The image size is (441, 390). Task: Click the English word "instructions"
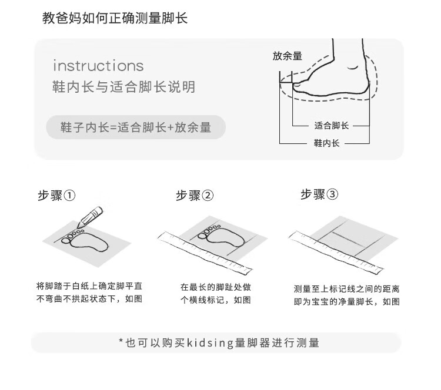pyautogui.click(x=98, y=65)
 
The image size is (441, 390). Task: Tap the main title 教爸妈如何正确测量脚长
pyautogui.click(x=115, y=18)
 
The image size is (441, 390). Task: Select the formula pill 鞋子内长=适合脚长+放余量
pyautogui.click(x=136, y=127)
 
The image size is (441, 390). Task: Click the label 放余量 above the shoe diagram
pyautogui.click(x=287, y=56)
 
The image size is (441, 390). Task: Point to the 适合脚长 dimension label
pyautogui.click(x=331, y=126)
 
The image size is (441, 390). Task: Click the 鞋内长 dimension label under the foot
pyautogui.click(x=326, y=143)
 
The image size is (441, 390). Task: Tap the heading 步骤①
pyautogui.click(x=56, y=195)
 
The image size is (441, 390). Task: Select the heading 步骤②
pyautogui.click(x=195, y=195)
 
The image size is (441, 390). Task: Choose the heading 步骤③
pyautogui.click(x=319, y=194)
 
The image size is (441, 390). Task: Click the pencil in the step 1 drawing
pyautogui.click(x=89, y=217)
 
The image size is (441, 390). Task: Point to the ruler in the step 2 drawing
pyautogui.click(x=205, y=252)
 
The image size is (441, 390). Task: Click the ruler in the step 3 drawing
pyautogui.click(x=336, y=252)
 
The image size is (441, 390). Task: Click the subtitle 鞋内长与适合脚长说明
pyautogui.click(x=123, y=87)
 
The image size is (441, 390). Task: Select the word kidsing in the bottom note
pyautogui.click(x=210, y=343)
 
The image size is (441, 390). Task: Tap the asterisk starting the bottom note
pyautogui.click(x=121, y=341)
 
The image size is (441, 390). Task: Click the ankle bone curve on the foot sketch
pyautogui.click(x=352, y=68)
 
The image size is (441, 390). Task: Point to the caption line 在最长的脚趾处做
pyautogui.click(x=216, y=287)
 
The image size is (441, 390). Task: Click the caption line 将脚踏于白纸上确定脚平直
pyautogui.click(x=89, y=286)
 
